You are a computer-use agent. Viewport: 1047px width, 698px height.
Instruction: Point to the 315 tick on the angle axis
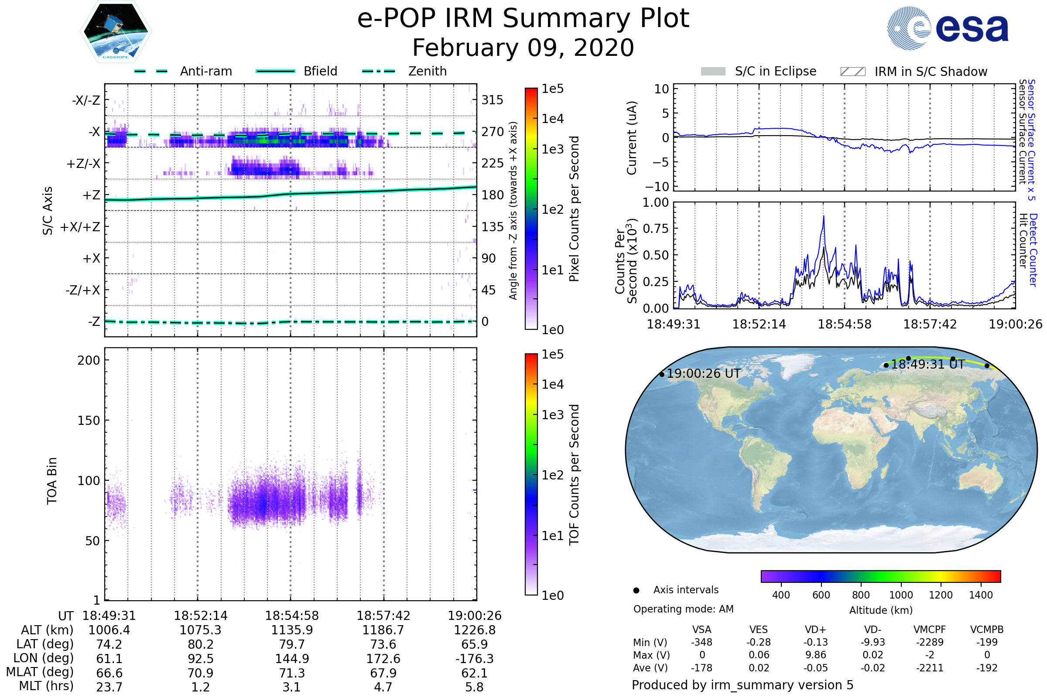(492, 100)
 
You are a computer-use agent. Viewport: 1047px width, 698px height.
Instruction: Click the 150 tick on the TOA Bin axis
(89, 421)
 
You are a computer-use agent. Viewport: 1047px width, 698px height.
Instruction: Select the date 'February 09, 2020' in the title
(523, 48)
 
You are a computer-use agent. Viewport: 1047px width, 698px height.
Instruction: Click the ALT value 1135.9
(292, 630)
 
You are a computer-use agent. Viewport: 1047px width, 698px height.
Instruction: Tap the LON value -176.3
(475, 659)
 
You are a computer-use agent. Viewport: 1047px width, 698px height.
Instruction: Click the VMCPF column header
(930, 630)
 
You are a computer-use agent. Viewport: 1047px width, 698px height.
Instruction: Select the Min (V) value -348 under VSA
(701, 642)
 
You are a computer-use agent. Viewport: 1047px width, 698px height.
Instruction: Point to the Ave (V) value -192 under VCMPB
(986, 668)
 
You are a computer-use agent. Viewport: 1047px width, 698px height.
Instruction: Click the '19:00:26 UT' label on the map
(703, 374)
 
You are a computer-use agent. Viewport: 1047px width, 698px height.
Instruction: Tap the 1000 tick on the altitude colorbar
(901, 595)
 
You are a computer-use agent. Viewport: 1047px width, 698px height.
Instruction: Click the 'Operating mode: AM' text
(683, 609)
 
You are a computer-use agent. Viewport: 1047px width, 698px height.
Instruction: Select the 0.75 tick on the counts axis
(657, 229)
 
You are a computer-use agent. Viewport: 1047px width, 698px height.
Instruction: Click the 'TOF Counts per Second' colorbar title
(574, 475)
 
